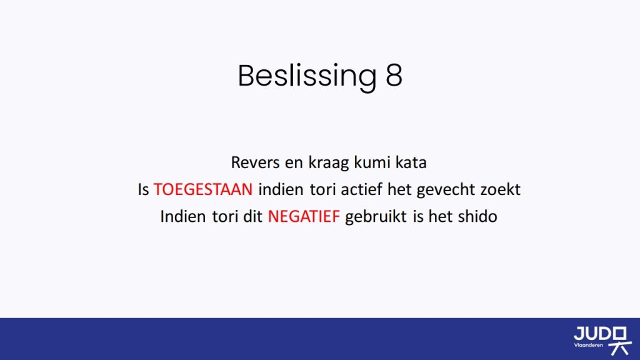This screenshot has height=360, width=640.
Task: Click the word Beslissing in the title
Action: click(x=307, y=76)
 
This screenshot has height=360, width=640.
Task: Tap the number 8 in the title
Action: click(x=394, y=76)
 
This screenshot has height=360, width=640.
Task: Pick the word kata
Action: click(x=411, y=162)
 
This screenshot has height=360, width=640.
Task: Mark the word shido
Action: click(x=477, y=216)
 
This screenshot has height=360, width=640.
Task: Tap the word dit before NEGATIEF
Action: click(x=252, y=216)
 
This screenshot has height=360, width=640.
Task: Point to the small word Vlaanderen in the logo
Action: click(x=588, y=345)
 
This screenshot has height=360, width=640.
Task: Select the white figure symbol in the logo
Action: click(x=619, y=341)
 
